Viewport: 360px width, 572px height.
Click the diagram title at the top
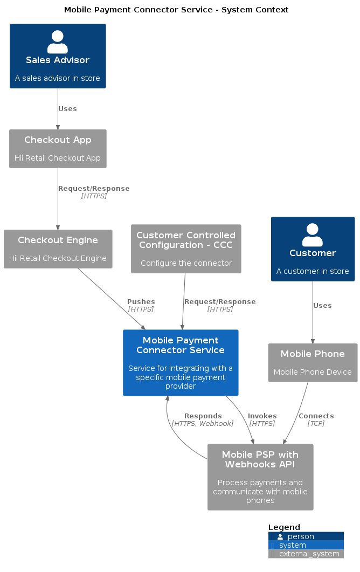176,10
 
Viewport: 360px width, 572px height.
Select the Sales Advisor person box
58,56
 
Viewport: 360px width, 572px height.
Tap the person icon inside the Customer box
313,235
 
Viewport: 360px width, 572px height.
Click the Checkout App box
58,148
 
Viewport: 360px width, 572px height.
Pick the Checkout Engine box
58,249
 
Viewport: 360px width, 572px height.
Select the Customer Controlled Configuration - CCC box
186,249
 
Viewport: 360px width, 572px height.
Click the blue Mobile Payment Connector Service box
181,362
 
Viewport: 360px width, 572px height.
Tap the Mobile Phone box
313,362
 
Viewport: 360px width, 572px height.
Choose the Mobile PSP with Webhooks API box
260,477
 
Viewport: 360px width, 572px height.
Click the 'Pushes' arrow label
141,305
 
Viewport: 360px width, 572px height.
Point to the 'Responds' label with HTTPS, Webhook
203,419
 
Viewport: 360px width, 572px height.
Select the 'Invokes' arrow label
262,419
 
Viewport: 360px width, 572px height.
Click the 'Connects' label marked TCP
316,419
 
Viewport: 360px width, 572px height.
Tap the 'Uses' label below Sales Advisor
67,109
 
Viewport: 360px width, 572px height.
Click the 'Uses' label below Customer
322,306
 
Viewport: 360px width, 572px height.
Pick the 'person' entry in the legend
301,536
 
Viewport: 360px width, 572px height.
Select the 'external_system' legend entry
309,554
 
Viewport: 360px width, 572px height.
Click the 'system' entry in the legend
293,545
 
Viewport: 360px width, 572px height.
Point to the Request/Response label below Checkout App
94,192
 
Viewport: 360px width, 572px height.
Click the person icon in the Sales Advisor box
58,42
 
